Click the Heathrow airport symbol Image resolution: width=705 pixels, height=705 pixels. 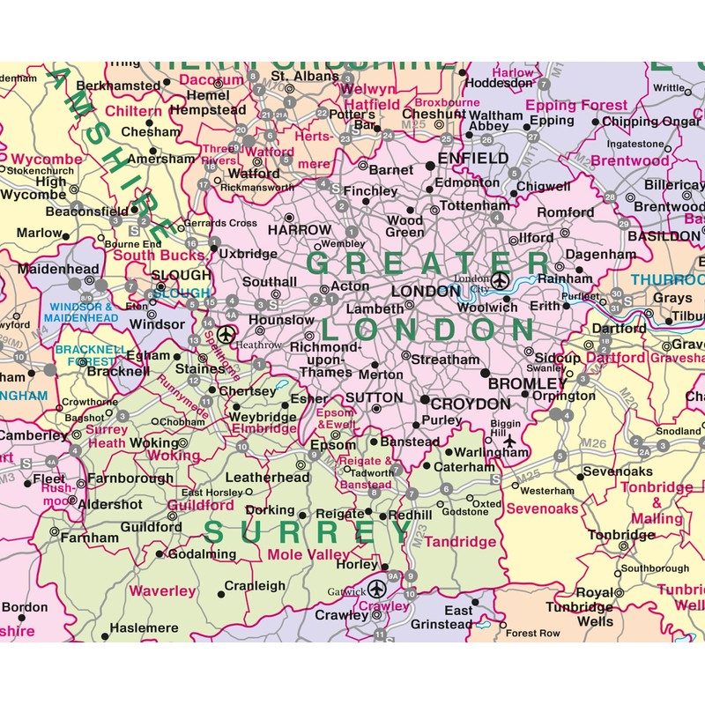click(x=226, y=336)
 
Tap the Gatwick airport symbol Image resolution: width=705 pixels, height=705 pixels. click(x=377, y=589)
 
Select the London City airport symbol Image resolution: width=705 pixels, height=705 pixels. click(x=500, y=281)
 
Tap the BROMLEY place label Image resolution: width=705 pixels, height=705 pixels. click(x=527, y=384)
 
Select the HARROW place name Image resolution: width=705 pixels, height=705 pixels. click(x=300, y=229)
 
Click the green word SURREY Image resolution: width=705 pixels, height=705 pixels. click(x=308, y=531)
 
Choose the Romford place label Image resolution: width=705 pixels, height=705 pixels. click(x=566, y=212)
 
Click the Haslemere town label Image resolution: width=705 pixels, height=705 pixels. click(x=143, y=627)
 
